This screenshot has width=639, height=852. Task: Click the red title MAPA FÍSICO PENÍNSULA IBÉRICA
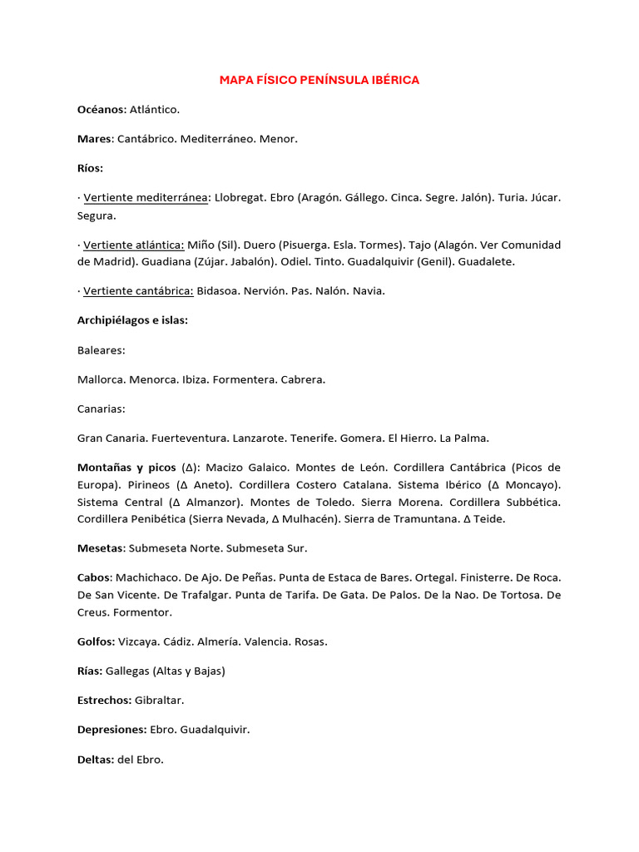click(x=319, y=80)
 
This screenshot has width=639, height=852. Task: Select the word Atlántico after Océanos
click(x=154, y=109)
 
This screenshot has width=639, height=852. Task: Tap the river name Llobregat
click(x=240, y=197)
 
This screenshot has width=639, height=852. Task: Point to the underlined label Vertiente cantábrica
click(x=138, y=290)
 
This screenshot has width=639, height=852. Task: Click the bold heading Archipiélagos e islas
click(x=132, y=320)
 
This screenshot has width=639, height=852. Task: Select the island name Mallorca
click(x=101, y=379)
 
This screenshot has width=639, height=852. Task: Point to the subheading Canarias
click(x=101, y=409)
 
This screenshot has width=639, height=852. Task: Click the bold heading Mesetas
click(x=102, y=548)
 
